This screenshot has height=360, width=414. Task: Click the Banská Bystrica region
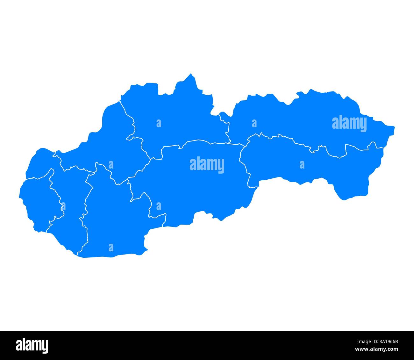coord(197,185)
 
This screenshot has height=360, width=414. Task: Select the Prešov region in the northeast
coord(303,118)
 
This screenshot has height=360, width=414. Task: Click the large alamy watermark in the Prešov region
coord(349,123)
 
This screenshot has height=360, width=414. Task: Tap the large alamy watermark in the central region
coord(207,165)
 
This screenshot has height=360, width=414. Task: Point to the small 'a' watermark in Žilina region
coord(159,123)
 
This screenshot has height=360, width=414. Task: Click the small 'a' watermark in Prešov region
coord(254,123)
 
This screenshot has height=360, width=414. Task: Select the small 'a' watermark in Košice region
coord(302,165)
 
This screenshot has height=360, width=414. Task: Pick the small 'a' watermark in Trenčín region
coord(111,165)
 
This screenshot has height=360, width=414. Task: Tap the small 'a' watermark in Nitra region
coord(111,248)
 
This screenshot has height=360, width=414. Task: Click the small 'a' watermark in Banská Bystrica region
coord(159,206)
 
